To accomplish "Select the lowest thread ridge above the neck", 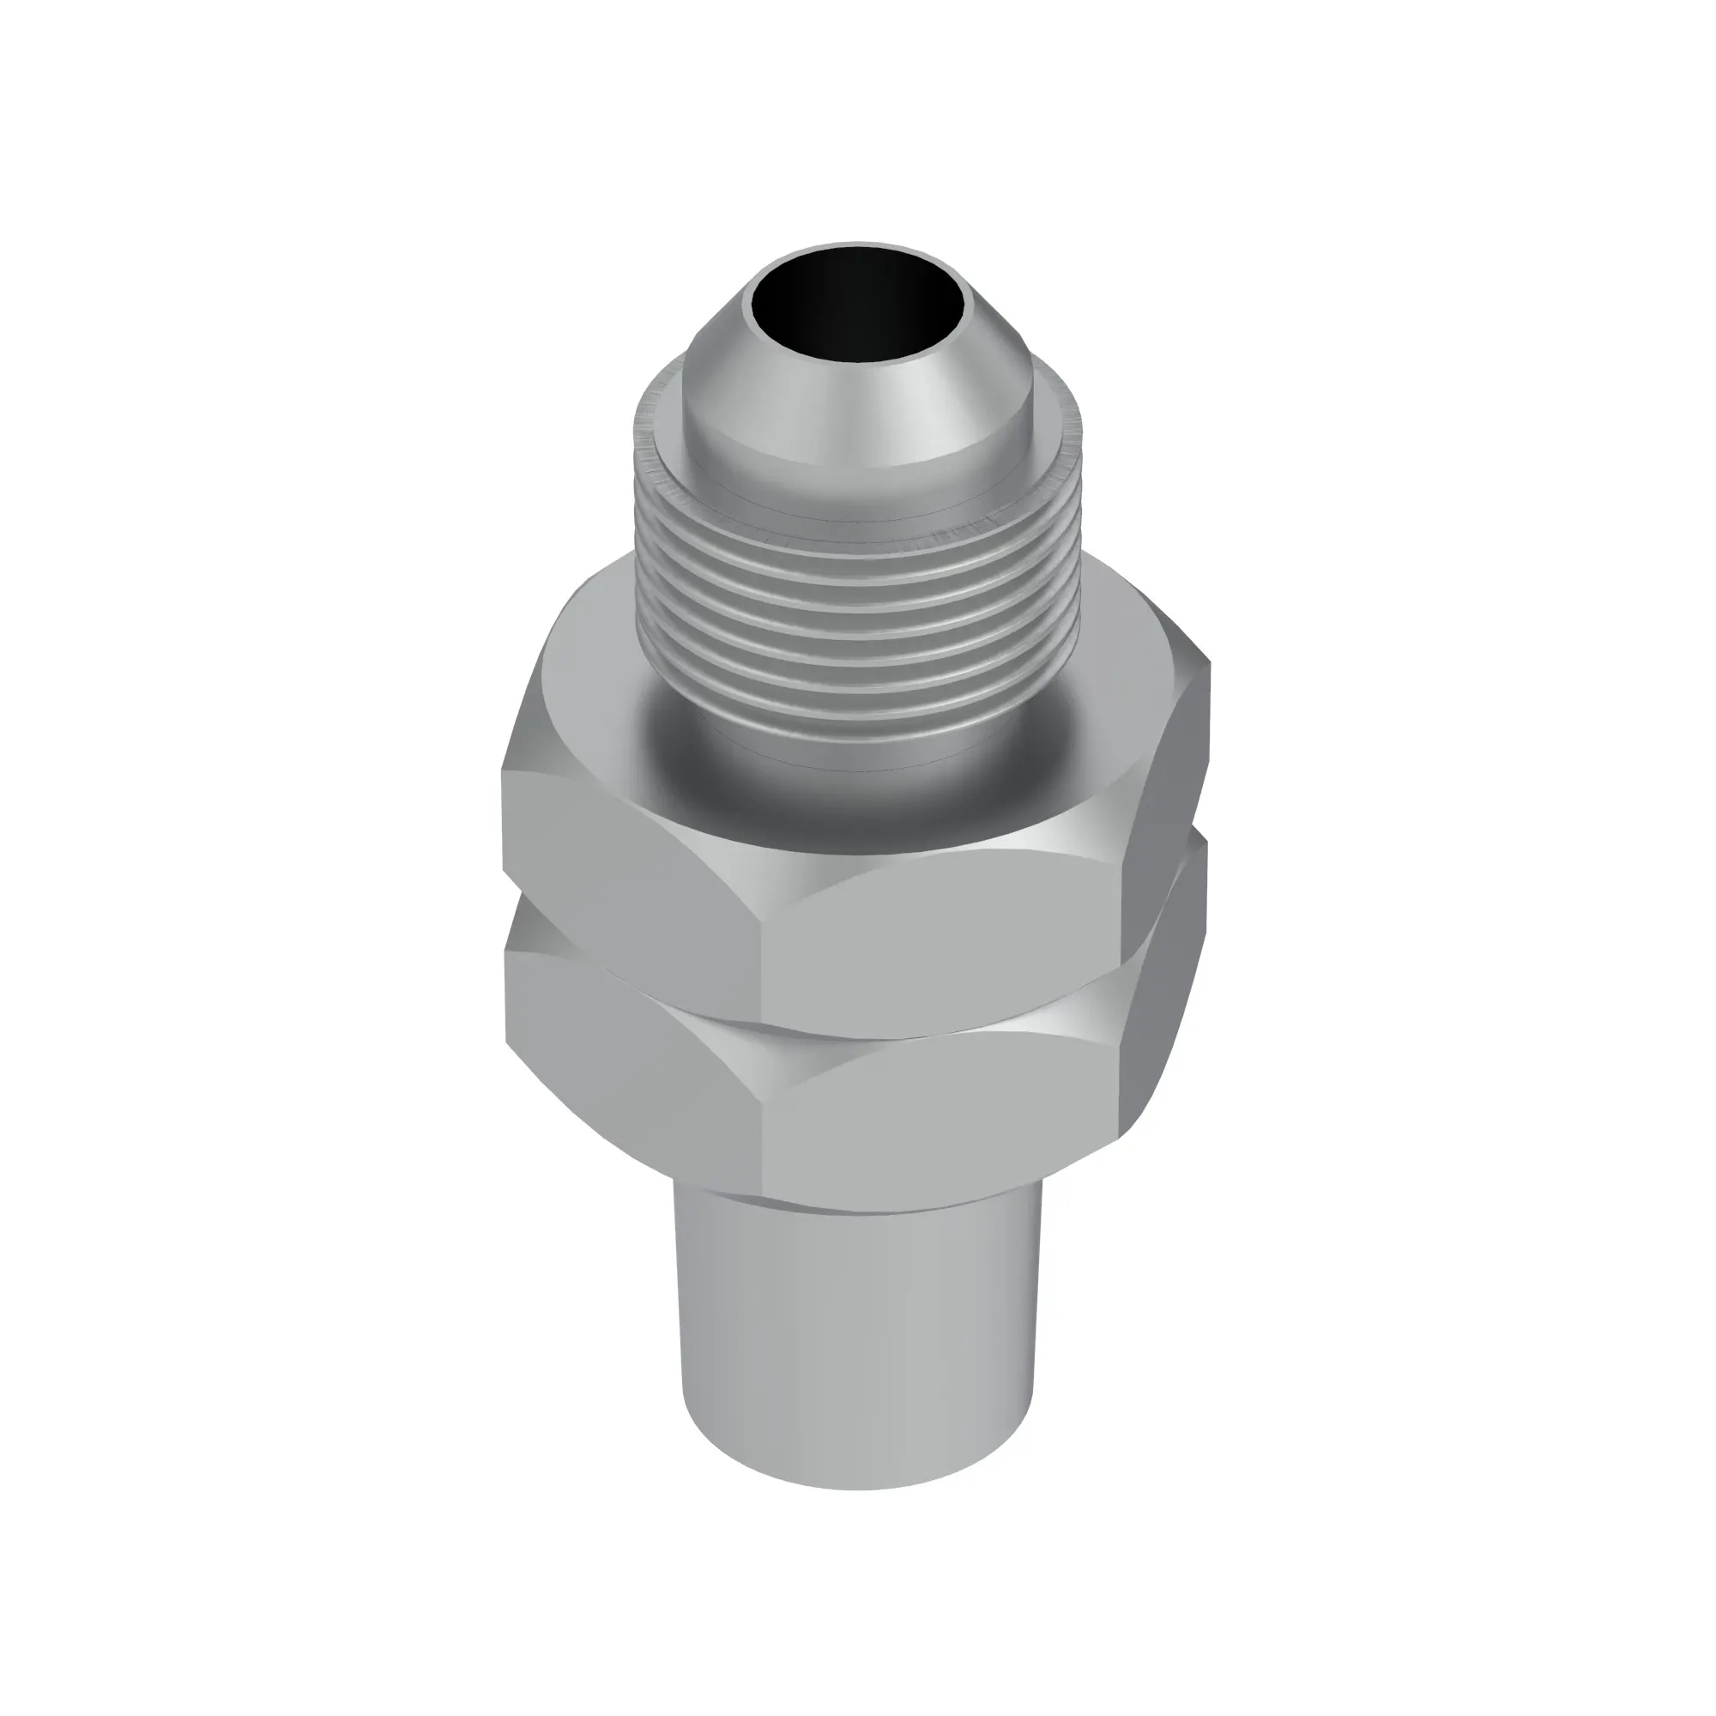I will (858, 702).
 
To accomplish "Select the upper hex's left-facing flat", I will (622, 853).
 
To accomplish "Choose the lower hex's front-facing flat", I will (941, 1110).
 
